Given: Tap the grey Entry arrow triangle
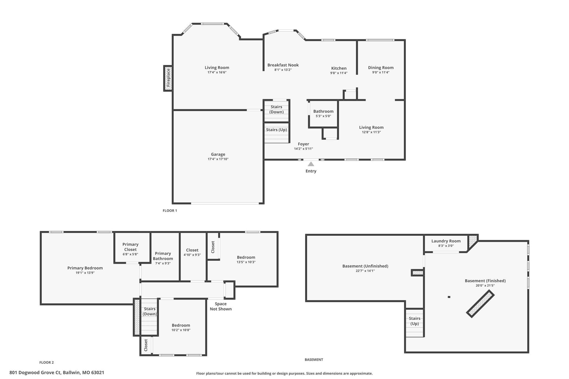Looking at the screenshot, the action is click(311, 164).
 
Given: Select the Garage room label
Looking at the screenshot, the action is click(218, 154).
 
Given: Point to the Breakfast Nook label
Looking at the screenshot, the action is click(283, 65).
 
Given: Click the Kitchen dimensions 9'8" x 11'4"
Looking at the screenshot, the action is click(339, 73).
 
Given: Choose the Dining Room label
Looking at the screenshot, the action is click(381, 67).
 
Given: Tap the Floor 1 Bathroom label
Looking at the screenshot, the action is click(323, 111).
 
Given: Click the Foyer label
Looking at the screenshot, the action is click(303, 144).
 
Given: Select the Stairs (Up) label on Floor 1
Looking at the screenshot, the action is click(276, 130).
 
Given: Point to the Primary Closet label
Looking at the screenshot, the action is click(131, 247).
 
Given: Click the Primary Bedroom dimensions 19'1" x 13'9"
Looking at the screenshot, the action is click(85, 273).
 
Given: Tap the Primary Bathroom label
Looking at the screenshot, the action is click(163, 256).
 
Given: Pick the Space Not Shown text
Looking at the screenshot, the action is click(221, 306).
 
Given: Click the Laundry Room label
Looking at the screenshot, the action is click(446, 241).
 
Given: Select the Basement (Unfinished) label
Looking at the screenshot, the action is click(365, 266).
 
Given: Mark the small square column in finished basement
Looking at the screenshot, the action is click(449, 297).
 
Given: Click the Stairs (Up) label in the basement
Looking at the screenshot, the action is click(415, 321).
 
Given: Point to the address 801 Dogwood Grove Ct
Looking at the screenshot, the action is click(35, 373).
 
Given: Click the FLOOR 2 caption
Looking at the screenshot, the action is click(47, 362).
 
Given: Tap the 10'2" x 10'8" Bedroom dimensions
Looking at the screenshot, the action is click(181, 330).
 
